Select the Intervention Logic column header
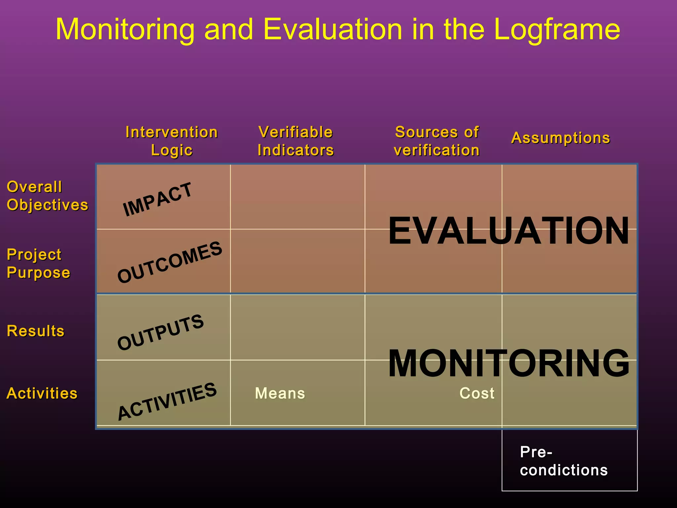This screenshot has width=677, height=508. (172, 141)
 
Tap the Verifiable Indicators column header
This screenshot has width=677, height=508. (296, 141)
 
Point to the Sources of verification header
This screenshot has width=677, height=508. (437, 141)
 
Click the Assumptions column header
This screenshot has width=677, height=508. (561, 138)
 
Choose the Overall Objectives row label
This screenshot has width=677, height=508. (47, 196)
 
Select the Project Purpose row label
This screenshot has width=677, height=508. (38, 264)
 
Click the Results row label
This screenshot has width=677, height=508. (36, 331)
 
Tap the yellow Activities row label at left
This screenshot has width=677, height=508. (42, 394)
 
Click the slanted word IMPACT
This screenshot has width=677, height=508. (157, 199)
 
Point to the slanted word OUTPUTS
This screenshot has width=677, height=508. (161, 332)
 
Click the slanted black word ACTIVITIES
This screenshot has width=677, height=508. (167, 401)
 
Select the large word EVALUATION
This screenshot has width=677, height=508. (508, 231)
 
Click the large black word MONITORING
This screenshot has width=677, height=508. (508, 363)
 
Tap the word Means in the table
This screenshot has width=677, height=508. (280, 394)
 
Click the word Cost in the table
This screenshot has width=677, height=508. (477, 394)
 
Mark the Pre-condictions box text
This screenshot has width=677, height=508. (563, 461)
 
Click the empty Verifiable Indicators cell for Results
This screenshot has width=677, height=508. (298, 327)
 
